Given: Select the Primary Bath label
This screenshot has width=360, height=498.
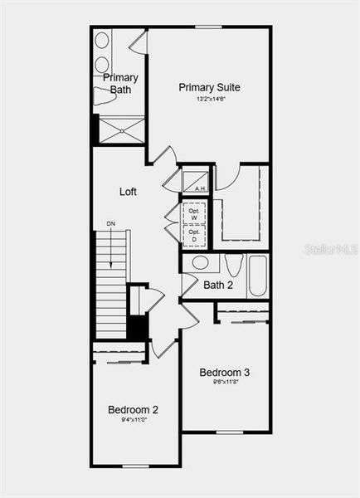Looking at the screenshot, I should coord(120,83).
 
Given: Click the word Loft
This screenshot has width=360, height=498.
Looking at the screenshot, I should coord(128,192).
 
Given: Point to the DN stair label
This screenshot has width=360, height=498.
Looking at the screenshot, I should coord(110,223).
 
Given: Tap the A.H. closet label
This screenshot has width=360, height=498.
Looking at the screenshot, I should coord(200,188).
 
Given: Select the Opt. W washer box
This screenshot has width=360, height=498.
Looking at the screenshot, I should coord(193,212).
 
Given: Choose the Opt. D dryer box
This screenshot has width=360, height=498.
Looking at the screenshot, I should coord(193,236).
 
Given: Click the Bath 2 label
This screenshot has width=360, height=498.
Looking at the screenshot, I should coord(218,285).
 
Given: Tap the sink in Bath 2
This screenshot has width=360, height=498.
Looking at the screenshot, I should coord(200,263).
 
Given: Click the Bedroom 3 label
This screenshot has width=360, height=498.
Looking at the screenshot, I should coord(224,373).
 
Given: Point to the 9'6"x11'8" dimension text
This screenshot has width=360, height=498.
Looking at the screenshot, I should coord(224,383).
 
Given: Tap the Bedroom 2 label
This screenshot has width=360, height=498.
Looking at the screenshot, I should coord(133,409).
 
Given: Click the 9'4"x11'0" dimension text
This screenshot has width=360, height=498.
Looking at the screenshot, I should coord(133,420).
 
